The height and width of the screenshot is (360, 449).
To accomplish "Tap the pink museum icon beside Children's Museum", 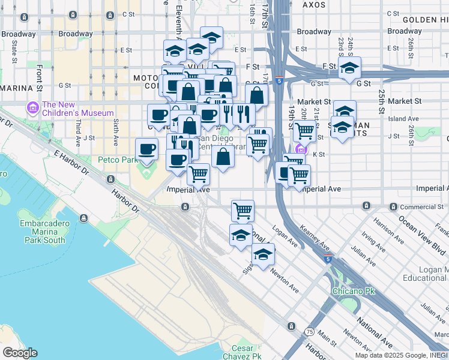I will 32,109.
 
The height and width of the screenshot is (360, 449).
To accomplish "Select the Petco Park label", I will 118,160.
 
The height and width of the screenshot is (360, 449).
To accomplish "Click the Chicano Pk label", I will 354,292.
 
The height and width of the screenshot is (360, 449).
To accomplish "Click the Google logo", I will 20,353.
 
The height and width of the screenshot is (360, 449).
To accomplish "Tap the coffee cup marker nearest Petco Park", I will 146,149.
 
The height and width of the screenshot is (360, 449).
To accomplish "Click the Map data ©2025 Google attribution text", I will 393,355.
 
